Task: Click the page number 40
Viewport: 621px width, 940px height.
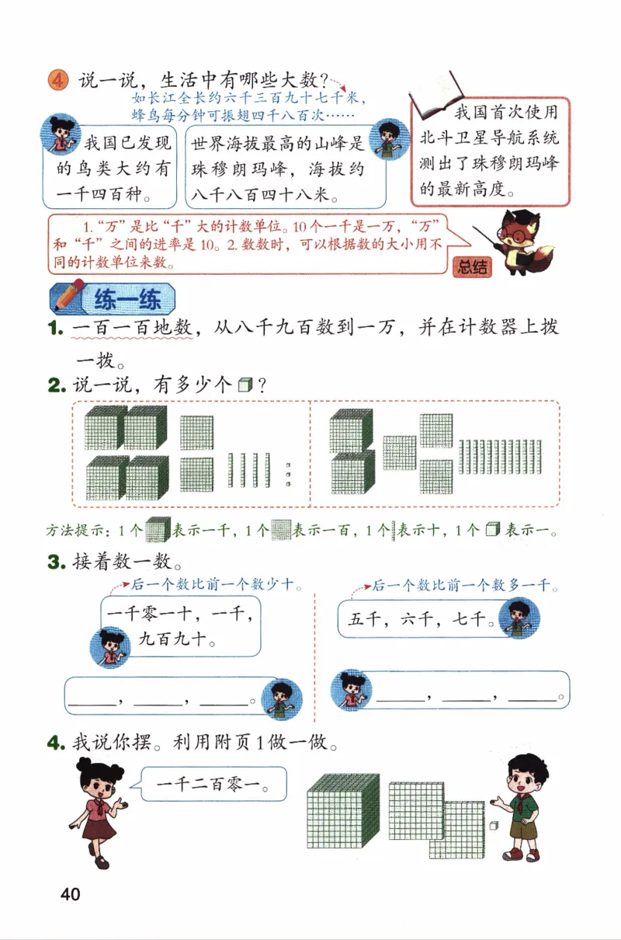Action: [69, 894]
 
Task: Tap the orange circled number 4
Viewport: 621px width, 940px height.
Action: [58, 80]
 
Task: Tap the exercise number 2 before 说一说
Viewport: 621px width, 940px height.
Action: [57, 385]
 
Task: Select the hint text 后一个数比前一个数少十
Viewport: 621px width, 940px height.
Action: [215, 584]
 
